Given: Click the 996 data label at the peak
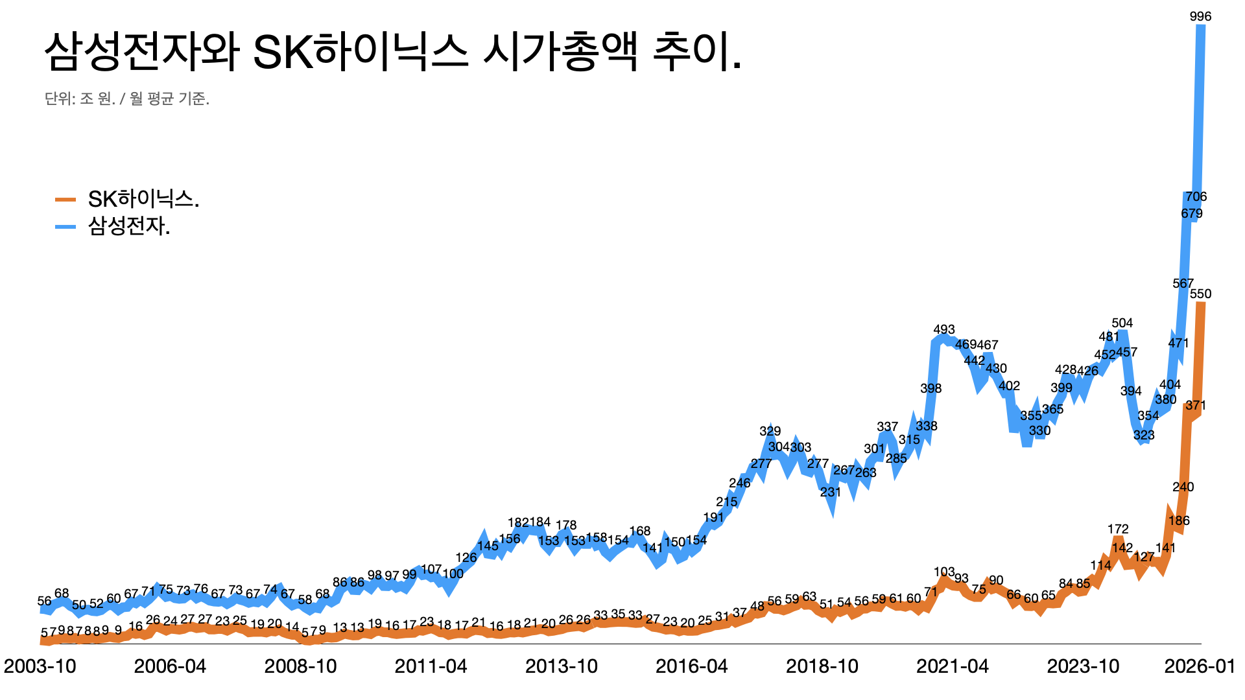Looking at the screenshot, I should point(1200,16).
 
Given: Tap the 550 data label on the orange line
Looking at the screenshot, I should point(1200,294).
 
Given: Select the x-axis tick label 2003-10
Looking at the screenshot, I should point(40,666).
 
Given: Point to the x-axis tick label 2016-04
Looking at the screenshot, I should point(691,666).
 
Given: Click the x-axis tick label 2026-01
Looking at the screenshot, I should point(1200,666).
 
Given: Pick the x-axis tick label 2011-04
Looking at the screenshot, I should point(431,666).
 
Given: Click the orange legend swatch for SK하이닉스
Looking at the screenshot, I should point(65,200).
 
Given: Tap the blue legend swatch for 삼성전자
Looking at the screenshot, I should point(65,227).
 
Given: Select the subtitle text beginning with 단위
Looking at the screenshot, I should point(127,99).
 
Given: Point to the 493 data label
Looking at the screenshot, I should point(944,329).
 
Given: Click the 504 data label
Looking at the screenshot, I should point(1122,323).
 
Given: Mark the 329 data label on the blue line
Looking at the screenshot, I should point(770,431).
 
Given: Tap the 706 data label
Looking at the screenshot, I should point(1196,196).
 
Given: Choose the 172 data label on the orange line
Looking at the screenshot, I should point(1118,529).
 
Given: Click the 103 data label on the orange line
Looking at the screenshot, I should point(944,572).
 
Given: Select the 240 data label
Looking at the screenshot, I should point(1183,487).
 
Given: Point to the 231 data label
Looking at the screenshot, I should point(831,492).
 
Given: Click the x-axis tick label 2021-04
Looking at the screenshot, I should point(952,666).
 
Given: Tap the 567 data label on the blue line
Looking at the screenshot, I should point(1183,283).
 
